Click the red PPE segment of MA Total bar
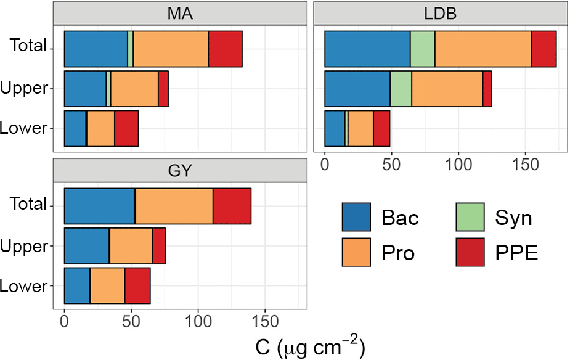[x=225, y=49]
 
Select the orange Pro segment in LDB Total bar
[x=483, y=49]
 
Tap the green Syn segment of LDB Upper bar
[x=401, y=89]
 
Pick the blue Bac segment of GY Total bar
[x=99, y=207]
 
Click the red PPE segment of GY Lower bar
[x=137, y=285]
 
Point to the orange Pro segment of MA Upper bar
[x=134, y=89]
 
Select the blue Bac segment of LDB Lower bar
[x=335, y=128]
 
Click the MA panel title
[x=180, y=14]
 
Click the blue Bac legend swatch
[x=356, y=218]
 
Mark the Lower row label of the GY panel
[x=25, y=286]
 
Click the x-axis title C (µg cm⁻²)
[x=311, y=348]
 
